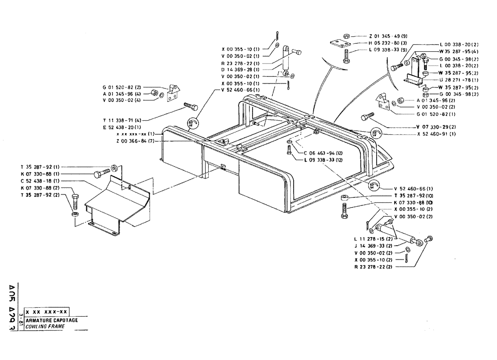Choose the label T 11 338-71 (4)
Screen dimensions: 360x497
(120, 120)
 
